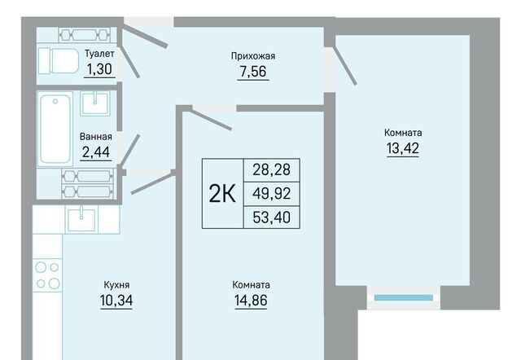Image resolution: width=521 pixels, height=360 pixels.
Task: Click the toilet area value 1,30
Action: [99, 69]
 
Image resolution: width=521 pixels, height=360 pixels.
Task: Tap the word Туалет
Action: [99, 54]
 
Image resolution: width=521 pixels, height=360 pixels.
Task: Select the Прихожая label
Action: [253, 56]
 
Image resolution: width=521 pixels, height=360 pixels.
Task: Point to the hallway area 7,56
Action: [253, 71]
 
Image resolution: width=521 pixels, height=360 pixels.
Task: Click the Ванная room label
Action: [96, 137]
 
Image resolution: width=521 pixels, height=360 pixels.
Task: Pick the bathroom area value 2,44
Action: [96, 152]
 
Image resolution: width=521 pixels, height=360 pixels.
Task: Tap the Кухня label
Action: [116, 285]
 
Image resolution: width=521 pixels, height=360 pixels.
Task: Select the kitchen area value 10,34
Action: [116, 301]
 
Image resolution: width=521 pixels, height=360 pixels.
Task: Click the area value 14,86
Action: [251, 301]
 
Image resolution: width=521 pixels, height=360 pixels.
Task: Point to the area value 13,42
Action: [403, 148]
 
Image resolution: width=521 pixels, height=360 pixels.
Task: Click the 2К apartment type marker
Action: [222, 194]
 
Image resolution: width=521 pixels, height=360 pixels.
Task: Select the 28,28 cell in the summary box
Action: [271, 170]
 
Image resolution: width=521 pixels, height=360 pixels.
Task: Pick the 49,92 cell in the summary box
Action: [271, 194]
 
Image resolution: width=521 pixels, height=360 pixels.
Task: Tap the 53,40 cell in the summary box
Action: [271, 217]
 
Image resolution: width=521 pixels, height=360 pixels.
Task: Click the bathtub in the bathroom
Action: [55, 129]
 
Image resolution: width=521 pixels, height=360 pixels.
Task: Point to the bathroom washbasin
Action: [95, 103]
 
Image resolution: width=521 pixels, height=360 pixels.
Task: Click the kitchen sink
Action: [81, 219]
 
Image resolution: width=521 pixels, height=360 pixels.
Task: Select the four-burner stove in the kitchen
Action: [47, 275]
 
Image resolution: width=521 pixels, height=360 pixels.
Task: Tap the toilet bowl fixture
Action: [58, 61]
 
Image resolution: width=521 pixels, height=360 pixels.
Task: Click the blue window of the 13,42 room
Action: [404, 298]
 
